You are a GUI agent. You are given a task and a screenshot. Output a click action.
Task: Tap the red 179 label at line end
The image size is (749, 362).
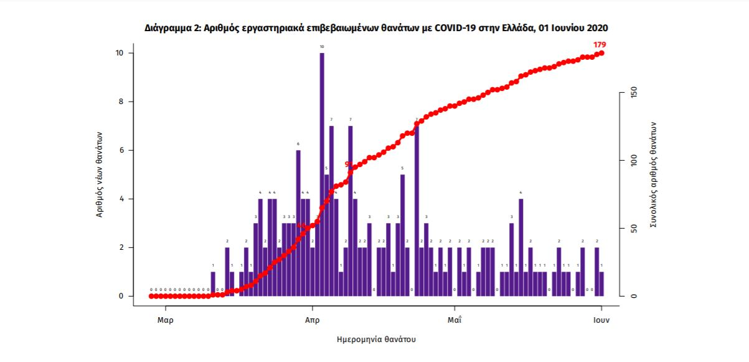(x=600, y=44)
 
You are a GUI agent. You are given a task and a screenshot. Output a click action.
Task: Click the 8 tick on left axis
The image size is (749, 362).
(x=122, y=102)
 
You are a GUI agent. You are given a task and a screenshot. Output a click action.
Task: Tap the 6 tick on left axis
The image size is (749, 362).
(x=122, y=150)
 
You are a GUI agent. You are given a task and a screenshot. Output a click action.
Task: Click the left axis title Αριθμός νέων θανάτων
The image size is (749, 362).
(x=100, y=174)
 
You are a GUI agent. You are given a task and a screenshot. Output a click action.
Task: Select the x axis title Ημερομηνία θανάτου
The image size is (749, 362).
(x=375, y=340)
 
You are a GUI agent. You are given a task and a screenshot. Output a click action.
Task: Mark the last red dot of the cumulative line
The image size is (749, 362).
(x=601, y=53)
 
